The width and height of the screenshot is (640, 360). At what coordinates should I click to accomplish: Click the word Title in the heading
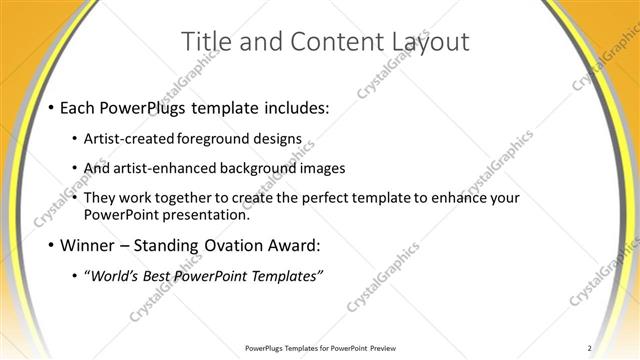pyautogui.click(x=204, y=42)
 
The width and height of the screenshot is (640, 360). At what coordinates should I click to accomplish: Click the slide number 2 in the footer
pyautogui.click(x=590, y=347)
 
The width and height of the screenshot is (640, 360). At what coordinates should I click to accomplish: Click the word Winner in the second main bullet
pyautogui.click(x=90, y=245)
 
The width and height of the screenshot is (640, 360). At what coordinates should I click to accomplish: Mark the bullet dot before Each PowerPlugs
pyautogui.click(x=50, y=107)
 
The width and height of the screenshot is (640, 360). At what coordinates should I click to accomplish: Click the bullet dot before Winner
pyautogui.click(x=50, y=245)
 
